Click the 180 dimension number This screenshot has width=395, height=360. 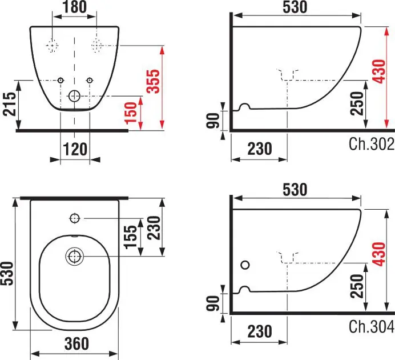75,7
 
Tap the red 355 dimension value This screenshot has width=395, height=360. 154,81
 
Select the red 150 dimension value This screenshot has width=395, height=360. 131,113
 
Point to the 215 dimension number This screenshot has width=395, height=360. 9,104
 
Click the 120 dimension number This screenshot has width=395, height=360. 75,149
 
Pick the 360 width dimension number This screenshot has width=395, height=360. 76,343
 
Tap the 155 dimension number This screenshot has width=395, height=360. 131,237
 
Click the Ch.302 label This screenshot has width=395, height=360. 372,144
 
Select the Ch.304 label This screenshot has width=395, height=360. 372,326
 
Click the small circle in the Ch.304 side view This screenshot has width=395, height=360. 245,265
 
